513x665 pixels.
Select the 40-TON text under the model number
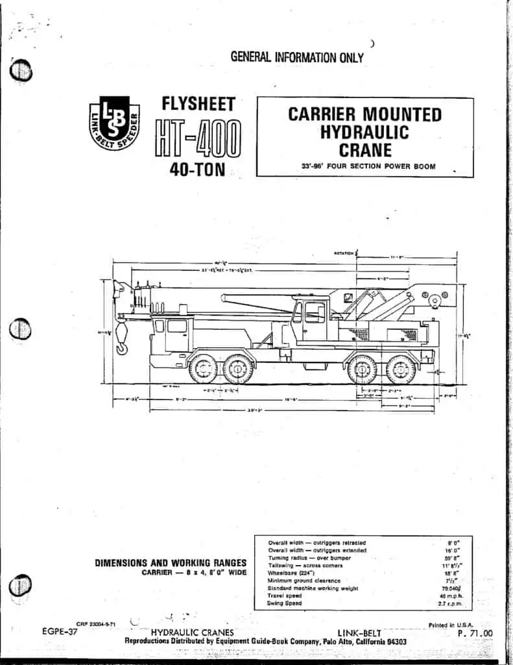197,175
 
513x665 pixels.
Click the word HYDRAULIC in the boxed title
364,132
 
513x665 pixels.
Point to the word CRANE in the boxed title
364,151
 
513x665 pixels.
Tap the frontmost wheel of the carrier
203,369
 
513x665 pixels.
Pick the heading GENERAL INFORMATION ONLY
297,57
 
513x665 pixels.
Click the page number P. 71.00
475,634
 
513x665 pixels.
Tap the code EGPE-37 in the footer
60,631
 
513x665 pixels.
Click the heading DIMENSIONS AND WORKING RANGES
171,563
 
